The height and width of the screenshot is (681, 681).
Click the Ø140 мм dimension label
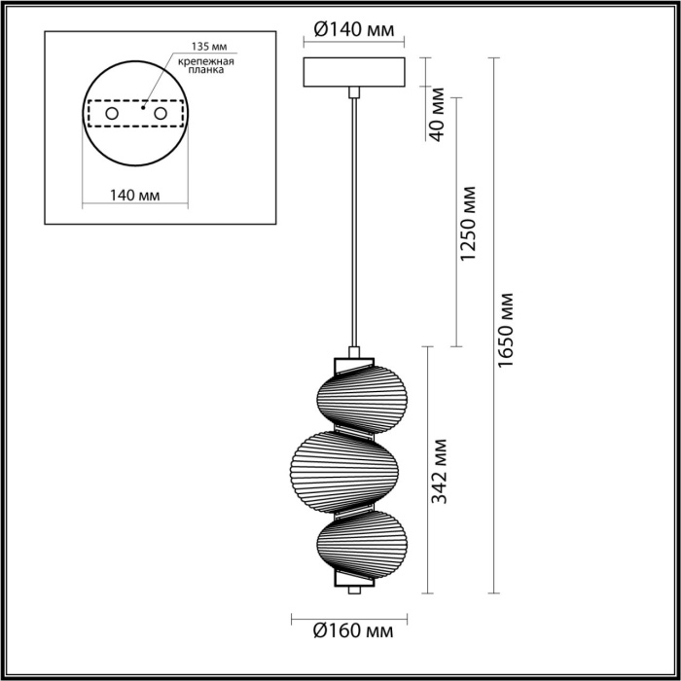354,30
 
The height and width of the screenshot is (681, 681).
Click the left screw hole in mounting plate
112,115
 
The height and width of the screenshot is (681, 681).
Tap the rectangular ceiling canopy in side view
353,73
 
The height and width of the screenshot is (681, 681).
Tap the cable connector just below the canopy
354,92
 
